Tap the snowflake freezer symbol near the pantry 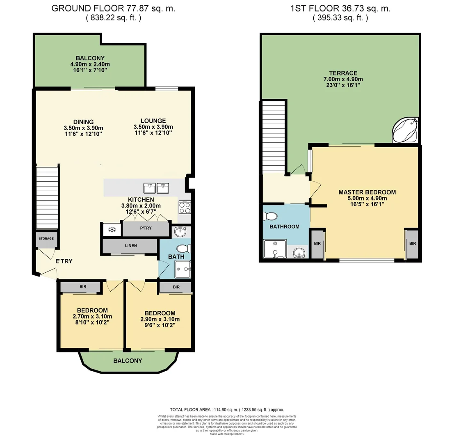(x=112, y=229)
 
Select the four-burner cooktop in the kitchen (x=185, y=207)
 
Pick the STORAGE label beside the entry (x=46, y=238)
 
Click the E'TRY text (x=64, y=260)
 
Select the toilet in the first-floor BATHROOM (x=271, y=216)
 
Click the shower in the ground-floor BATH (x=183, y=269)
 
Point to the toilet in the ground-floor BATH (x=183, y=248)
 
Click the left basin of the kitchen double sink (x=149, y=188)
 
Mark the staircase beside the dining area (x=48, y=197)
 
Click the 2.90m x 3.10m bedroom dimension (x=160, y=320)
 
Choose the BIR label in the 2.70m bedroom (x=83, y=287)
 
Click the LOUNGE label (x=153, y=121)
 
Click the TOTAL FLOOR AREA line (x=227, y=410)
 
